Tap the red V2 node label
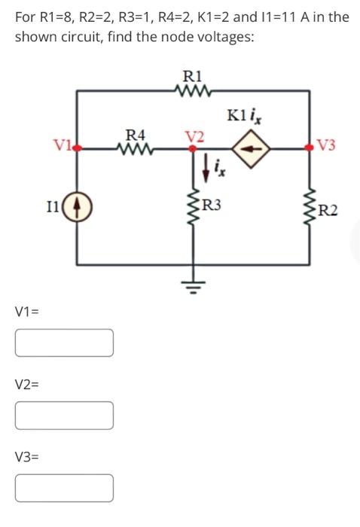(x=194, y=136)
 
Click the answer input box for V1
(x=64, y=343)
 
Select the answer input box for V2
(x=64, y=415)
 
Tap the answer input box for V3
(x=64, y=487)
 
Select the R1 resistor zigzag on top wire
(x=193, y=91)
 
